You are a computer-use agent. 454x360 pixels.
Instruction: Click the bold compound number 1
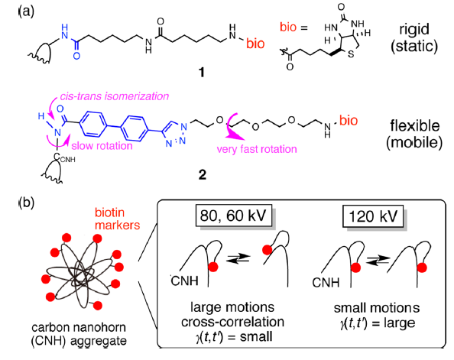(x=202, y=72)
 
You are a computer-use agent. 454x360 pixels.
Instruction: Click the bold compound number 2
(x=203, y=174)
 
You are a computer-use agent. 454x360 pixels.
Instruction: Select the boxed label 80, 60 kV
(x=234, y=216)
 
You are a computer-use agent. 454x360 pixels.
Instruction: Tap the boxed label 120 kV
(x=373, y=216)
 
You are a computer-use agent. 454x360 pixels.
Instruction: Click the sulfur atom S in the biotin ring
(x=351, y=54)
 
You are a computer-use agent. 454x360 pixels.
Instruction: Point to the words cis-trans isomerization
(x=115, y=96)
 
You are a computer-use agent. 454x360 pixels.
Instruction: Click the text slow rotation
(x=102, y=146)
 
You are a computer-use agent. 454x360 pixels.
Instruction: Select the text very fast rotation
(x=257, y=149)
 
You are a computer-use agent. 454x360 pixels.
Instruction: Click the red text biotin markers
(x=117, y=219)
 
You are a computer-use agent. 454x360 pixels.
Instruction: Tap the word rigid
(x=414, y=30)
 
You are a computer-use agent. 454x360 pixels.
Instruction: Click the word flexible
(x=415, y=125)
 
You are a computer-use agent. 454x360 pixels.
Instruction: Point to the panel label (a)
(x=27, y=11)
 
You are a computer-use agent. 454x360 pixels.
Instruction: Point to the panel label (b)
(x=27, y=203)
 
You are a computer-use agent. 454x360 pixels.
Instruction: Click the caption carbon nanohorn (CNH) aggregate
(x=79, y=334)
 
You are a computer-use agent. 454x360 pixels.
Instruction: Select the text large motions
(x=232, y=307)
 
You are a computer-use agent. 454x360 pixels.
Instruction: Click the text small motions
(x=377, y=308)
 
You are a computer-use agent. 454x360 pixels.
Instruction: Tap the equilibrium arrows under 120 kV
(x=378, y=260)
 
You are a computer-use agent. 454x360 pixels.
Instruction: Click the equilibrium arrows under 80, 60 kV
(x=238, y=258)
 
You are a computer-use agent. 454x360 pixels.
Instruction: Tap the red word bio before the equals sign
(x=288, y=27)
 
